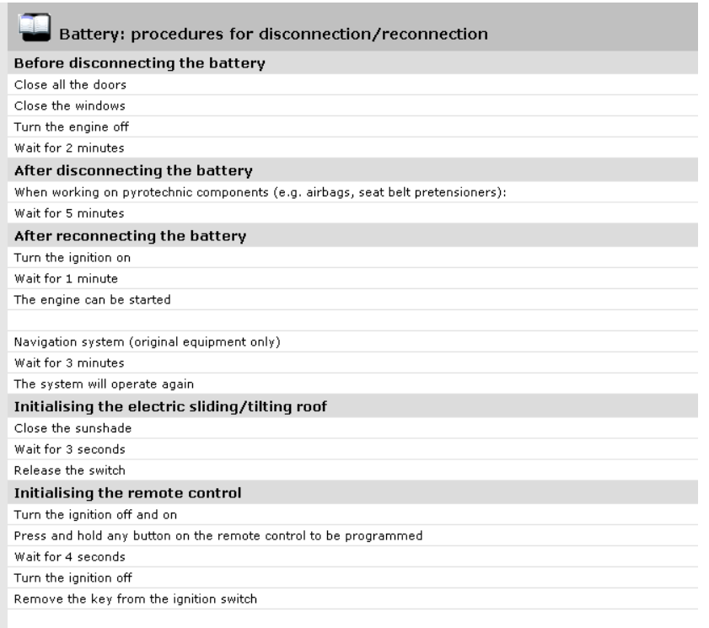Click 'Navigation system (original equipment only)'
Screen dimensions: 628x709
point(147,342)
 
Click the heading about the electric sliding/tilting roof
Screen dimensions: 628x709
point(170,406)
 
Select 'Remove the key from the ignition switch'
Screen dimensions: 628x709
point(135,598)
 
